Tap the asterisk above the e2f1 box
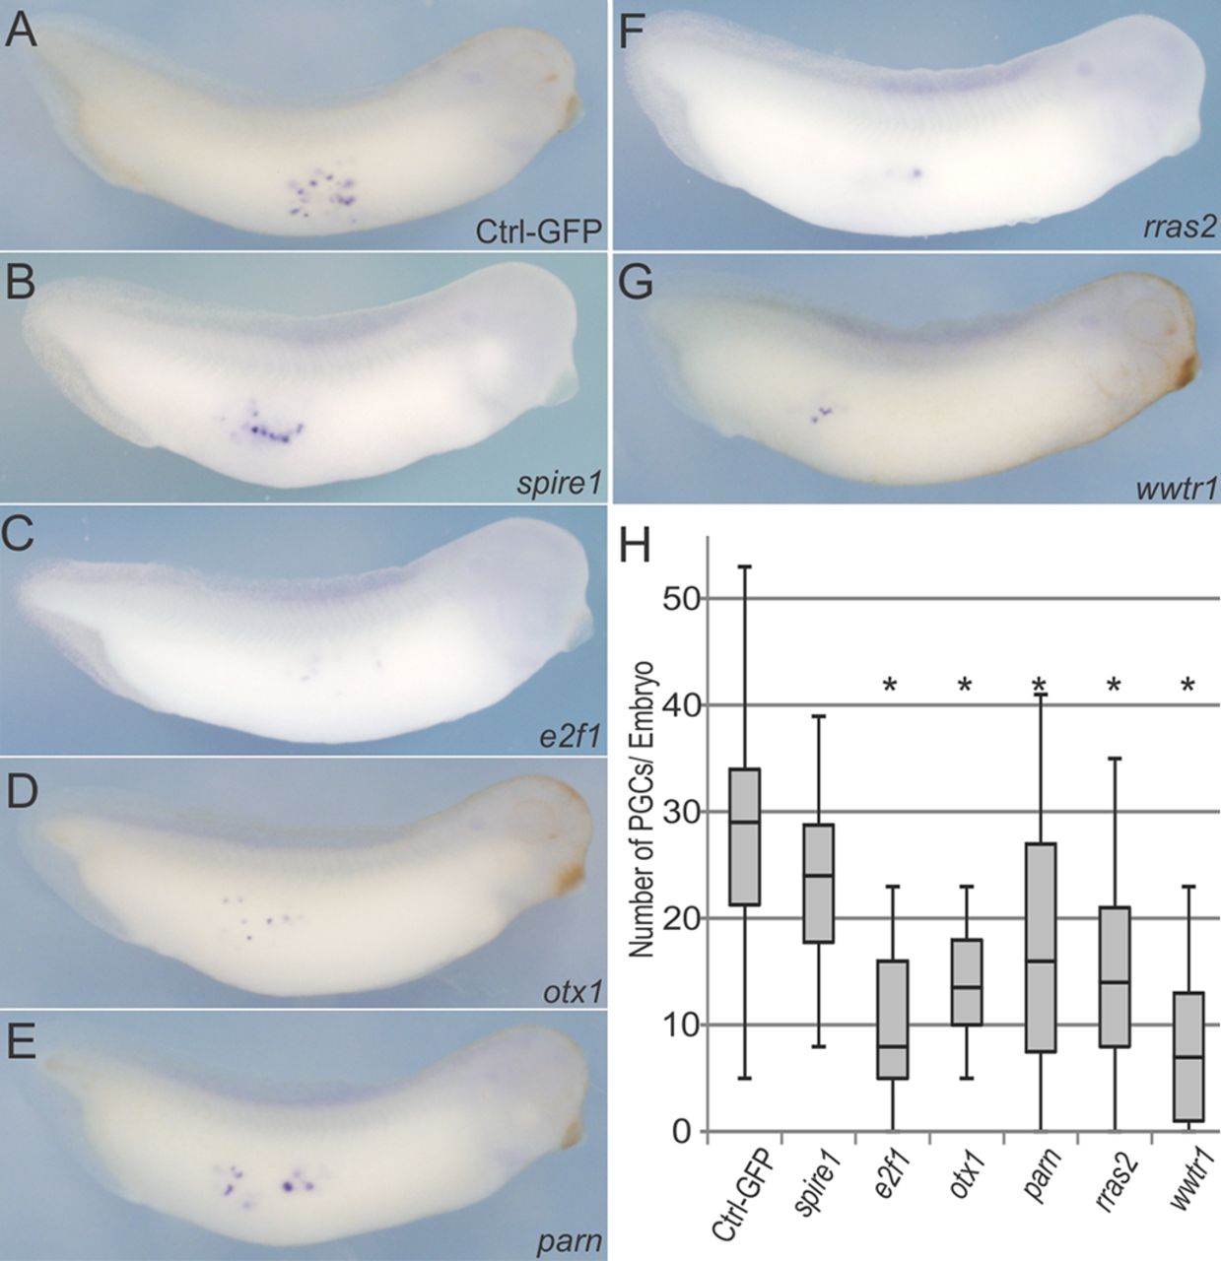point(891,686)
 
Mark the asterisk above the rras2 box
point(1114,686)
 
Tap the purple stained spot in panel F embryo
point(916,173)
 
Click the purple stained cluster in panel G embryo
point(821,413)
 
